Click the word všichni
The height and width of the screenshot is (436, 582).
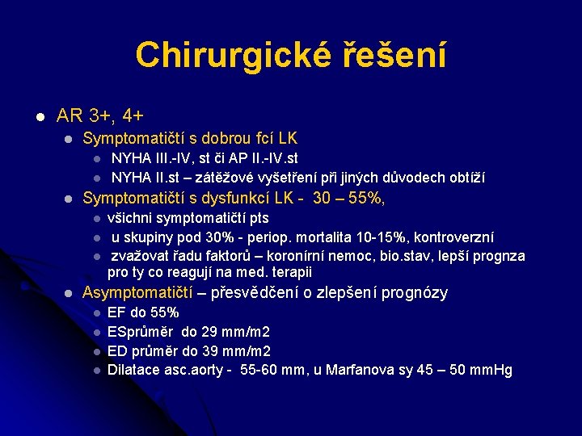(x=132, y=218)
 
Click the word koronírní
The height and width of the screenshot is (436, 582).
(x=295, y=256)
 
